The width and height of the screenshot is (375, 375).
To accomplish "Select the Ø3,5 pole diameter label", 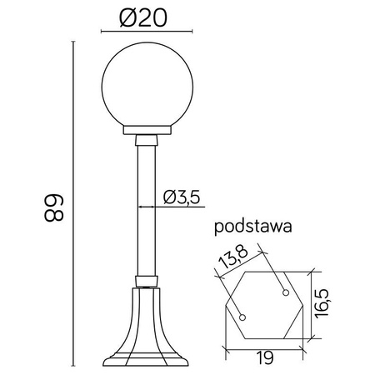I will [180, 197].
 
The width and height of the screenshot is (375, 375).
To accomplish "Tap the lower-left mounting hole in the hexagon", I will [242, 317].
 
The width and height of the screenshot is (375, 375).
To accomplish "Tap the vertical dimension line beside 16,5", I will [312, 303].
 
